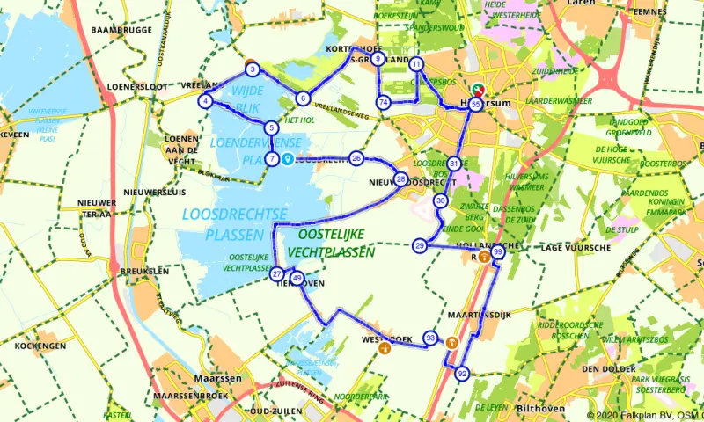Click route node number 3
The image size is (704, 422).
click(252, 69)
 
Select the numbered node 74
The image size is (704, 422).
click(383, 103)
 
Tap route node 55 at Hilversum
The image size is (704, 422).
click(475, 104)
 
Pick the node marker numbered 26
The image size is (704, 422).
click(356, 158)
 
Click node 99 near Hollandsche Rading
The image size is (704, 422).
click(498, 252)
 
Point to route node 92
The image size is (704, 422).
click(462, 374)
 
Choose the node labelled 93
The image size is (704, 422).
click(430, 337)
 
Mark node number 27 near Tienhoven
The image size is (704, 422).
click(277, 274)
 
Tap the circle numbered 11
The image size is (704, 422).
click(416, 64)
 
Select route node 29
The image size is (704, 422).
click(420, 245)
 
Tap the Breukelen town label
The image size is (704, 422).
click(145, 272)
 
